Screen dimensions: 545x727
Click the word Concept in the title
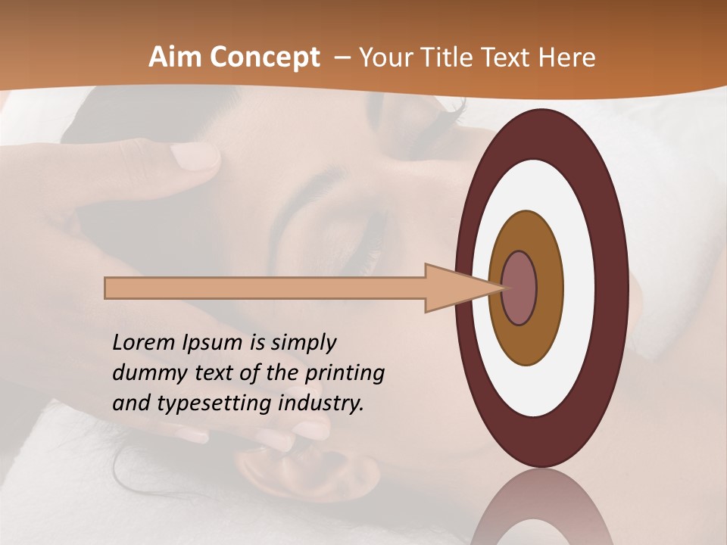click(x=264, y=58)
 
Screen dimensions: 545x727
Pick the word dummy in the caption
click(x=148, y=372)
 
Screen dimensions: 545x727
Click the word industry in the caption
click(x=320, y=403)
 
